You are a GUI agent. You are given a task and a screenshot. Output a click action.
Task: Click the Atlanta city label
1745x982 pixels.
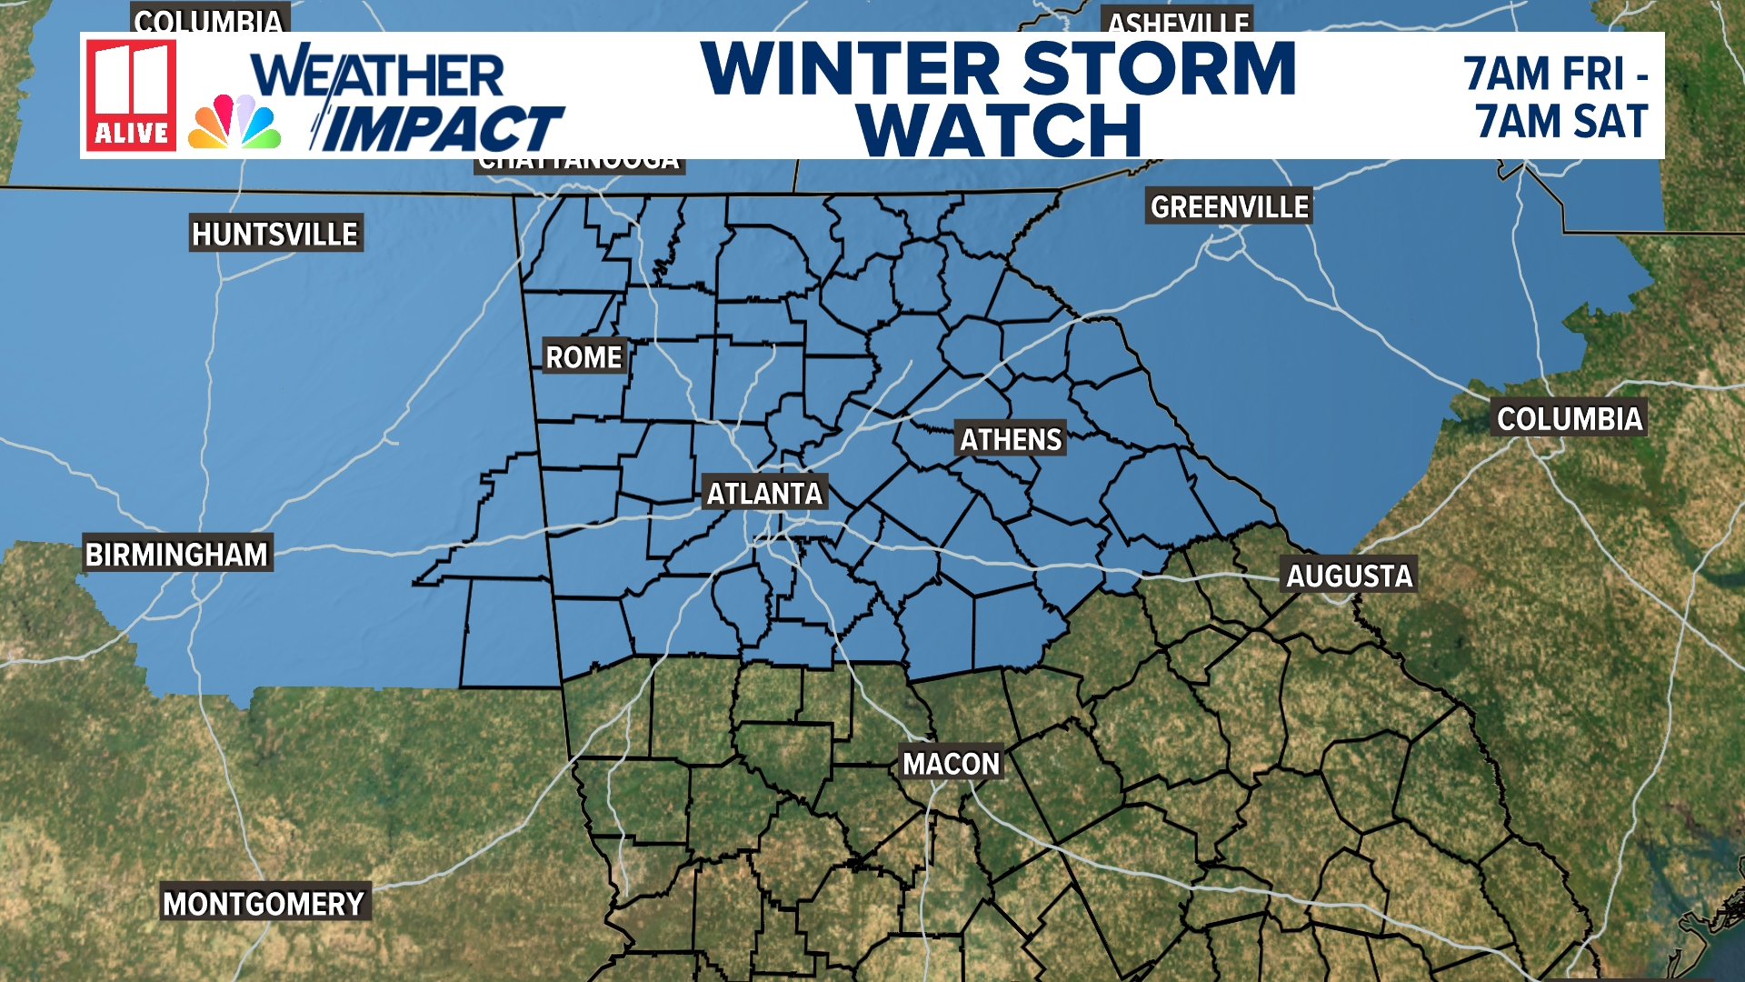[764, 494]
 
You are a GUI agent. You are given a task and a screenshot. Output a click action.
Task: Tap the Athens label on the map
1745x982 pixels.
[1011, 440]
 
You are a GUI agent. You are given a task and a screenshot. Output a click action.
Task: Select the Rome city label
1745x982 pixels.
[583, 357]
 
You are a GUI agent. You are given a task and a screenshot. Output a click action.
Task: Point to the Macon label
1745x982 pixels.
[951, 764]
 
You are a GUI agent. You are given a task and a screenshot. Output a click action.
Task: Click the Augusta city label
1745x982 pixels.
[1349, 576]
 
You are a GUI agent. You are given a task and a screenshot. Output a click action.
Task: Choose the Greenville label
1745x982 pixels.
[1229, 207]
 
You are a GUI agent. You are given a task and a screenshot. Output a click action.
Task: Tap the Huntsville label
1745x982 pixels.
[274, 235]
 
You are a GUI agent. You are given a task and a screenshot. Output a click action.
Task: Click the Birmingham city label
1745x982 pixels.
[176, 555]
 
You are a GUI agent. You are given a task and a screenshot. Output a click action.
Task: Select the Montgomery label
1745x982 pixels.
[264, 904]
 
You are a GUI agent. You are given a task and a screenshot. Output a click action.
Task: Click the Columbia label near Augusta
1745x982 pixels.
[1570, 419]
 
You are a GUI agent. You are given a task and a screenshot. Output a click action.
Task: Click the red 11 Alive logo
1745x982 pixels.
[131, 95]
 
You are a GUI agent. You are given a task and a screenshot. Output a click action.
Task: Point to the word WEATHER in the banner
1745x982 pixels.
[378, 75]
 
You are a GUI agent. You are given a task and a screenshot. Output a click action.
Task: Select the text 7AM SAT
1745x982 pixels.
[1561, 122]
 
